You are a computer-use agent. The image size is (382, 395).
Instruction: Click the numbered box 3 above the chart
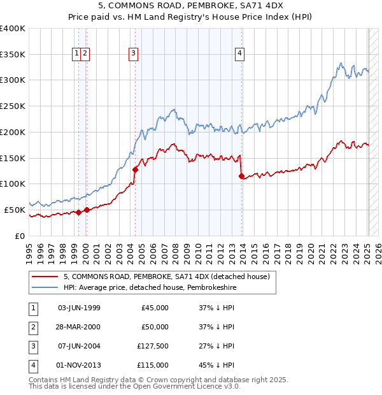(x=134, y=54)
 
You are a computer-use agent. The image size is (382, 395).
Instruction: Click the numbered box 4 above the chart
(x=240, y=54)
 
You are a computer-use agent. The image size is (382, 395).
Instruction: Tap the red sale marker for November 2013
(x=241, y=176)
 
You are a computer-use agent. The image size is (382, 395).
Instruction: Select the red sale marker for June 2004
(x=135, y=169)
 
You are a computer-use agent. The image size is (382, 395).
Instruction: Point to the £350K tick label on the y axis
(x=13, y=55)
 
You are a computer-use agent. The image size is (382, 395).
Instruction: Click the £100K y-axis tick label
(x=13, y=183)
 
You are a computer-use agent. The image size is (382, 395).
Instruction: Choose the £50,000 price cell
(x=153, y=327)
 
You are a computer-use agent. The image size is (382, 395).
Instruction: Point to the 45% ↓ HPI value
(x=216, y=365)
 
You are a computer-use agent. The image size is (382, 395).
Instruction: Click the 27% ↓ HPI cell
(x=216, y=346)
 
